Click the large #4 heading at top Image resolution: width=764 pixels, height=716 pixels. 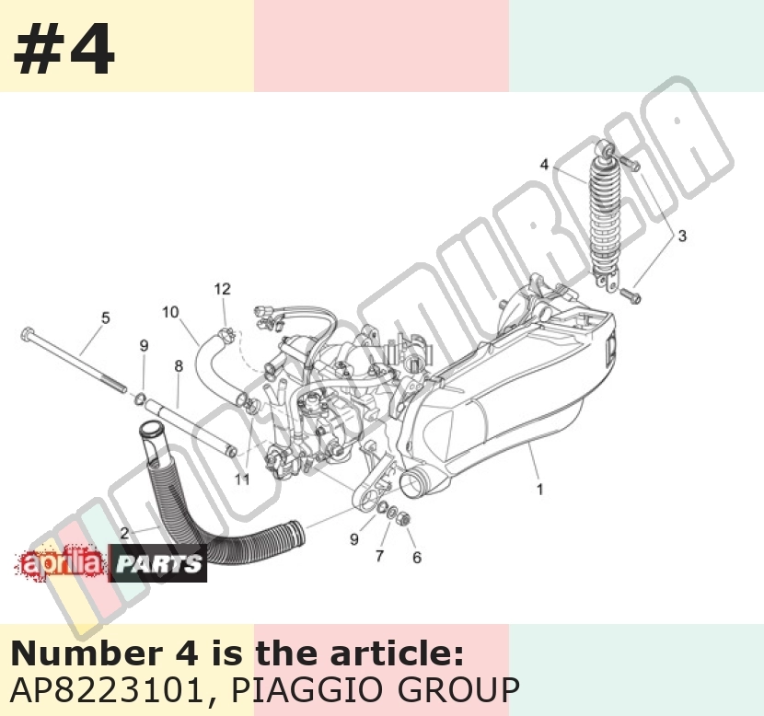point(64,48)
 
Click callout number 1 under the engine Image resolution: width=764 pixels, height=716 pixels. point(540,489)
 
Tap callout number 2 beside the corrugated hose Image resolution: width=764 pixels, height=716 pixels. point(124,534)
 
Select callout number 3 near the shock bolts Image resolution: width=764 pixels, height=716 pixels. point(682,236)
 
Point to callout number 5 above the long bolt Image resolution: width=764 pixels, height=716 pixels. point(106,318)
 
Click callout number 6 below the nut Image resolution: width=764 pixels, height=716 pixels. point(417,557)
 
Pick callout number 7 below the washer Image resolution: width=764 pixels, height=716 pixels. point(379,556)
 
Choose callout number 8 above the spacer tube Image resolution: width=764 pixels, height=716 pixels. point(179,365)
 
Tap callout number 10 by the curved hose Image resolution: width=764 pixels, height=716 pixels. point(170,312)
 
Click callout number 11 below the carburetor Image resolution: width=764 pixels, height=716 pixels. point(242,479)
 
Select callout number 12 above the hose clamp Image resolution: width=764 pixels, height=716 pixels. point(222,289)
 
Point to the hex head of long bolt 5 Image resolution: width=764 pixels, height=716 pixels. point(27,334)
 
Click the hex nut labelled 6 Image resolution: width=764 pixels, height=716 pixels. point(403,519)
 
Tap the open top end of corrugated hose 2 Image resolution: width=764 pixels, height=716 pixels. point(150,431)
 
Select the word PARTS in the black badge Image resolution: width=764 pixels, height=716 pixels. point(158,564)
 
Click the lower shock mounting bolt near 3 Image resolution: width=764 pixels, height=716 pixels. point(631,294)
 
